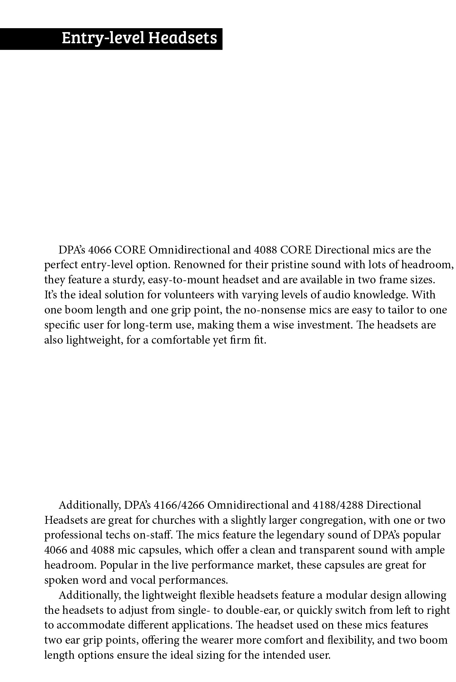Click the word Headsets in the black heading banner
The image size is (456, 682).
tap(183, 38)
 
